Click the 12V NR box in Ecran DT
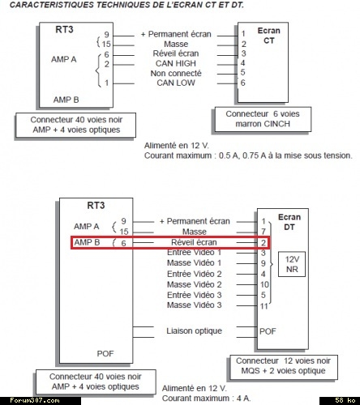click(292, 264)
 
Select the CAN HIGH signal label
click(176, 63)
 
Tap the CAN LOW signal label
click(176, 83)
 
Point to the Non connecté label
click(176, 73)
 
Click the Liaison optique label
click(194, 331)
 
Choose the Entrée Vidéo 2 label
click(195, 274)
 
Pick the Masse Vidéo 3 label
click(195, 305)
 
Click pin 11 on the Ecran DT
click(264, 306)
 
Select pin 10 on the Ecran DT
click(264, 284)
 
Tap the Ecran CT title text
click(269, 36)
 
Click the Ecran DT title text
click(289, 222)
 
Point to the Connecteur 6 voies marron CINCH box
click(263, 119)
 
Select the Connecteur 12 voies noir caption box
click(284, 367)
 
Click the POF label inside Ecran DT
click(268, 331)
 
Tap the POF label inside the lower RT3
click(105, 354)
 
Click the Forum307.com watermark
click(35, 400)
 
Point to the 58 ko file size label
click(345, 400)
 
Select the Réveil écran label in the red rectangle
click(194, 242)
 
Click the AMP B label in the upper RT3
click(66, 100)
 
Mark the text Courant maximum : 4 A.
click(207, 399)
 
